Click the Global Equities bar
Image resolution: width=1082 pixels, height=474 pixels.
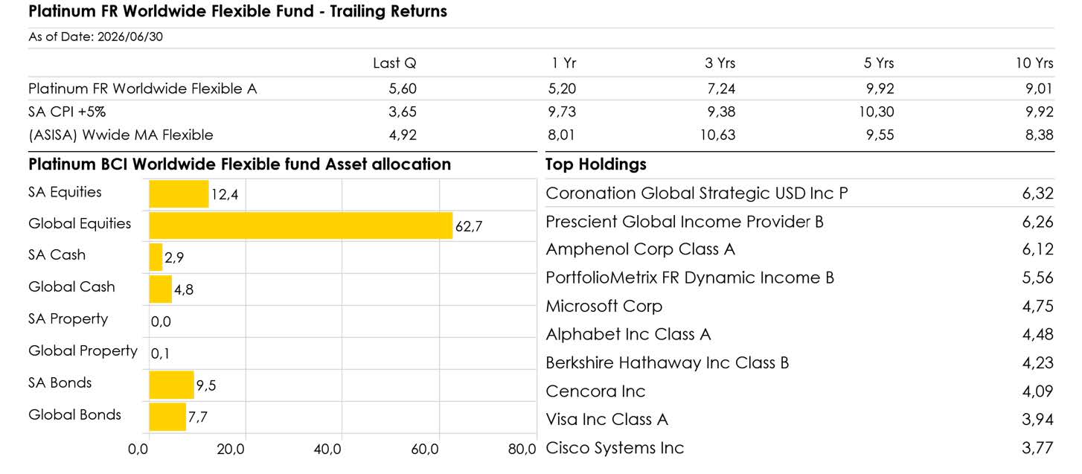(301, 225)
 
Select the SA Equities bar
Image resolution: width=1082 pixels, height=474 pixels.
(179, 193)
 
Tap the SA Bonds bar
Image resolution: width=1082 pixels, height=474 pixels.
(171, 385)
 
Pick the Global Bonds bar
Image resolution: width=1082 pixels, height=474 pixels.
(167, 417)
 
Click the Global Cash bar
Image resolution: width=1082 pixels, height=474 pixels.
(161, 289)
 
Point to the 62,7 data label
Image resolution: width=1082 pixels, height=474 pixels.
(469, 226)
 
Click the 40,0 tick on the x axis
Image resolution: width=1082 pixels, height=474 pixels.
(327, 449)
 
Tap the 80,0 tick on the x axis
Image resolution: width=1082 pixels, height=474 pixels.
(522, 449)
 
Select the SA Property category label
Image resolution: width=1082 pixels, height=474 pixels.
(68, 319)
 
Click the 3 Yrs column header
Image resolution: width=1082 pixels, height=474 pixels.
(720, 63)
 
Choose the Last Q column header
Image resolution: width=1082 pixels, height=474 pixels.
(394, 63)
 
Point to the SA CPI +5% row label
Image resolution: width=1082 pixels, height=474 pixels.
(67, 112)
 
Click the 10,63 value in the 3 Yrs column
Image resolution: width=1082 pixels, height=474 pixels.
(718, 135)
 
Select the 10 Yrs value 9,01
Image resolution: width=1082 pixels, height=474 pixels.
(1039, 89)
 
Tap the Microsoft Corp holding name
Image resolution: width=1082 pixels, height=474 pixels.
(604, 306)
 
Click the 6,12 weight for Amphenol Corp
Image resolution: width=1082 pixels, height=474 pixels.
(1037, 249)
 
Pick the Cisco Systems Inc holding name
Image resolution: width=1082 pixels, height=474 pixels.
(615, 448)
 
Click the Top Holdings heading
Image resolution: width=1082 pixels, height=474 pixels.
(595, 164)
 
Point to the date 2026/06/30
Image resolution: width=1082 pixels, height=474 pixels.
(130, 36)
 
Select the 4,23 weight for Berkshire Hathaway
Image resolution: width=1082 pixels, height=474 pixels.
(1037, 363)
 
